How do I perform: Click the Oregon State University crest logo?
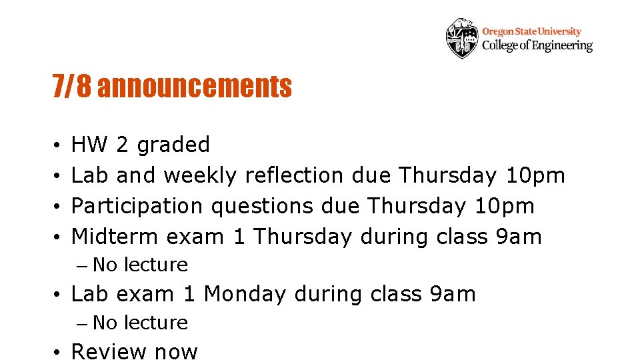click(462, 38)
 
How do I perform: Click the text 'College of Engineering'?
click(537, 45)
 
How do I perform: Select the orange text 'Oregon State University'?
click(531, 31)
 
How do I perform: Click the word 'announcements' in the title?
click(195, 86)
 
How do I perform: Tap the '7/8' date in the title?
click(72, 86)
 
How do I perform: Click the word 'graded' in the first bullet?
click(172, 145)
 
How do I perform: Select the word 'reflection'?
click(294, 175)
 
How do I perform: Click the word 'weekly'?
click(200, 175)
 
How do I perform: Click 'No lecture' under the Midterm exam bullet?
click(140, 265)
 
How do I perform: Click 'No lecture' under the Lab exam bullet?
click(140, 323)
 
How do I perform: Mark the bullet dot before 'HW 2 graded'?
click(59, 145)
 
